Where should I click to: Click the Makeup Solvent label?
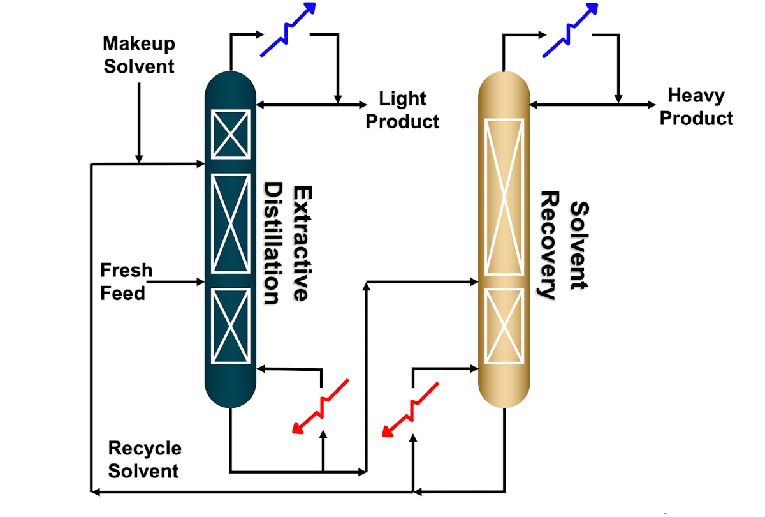pyautogui.click(x=138, y=55)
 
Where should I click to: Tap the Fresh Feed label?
pyautogui.click(x=126, y=281)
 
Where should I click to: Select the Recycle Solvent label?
pyautogui.click(x=144, y=460)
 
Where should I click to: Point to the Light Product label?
pyautogui.click(x=402, y=110)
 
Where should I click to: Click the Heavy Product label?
pyautogui.click(x=696, y=107)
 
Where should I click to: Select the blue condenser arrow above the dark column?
pyautogui.click(x=289, y=29)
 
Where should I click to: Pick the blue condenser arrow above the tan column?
pyautogui.click(x=570, y=29)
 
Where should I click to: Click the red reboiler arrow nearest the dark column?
pyautogui.click(x=321, y=406)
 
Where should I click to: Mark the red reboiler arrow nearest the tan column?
pyautogui.click(x=410, y=409)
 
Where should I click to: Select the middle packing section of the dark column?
pyautogui.click(x=230, y=223)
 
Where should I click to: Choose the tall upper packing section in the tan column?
pyautogui.click(x=504, y=197)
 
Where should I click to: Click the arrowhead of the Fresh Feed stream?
pyautogui.click(x=200, y=281)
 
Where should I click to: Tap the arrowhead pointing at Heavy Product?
pyautogui.click(x=651, y=104)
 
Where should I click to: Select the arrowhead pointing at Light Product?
pyautogui.click(x=363, y=104)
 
